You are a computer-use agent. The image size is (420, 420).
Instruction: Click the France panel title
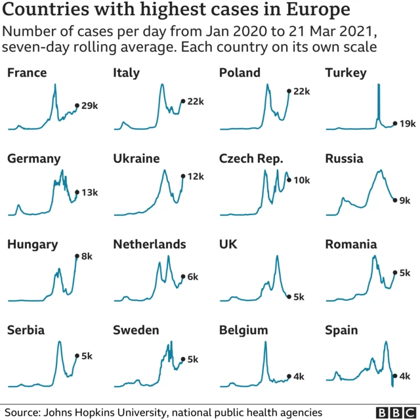click(27, 73)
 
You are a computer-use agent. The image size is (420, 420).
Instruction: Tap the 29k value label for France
click(89, 106)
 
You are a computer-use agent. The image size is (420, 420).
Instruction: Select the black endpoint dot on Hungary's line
click(77, 257)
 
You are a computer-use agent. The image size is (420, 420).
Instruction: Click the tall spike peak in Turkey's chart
click(378, 85)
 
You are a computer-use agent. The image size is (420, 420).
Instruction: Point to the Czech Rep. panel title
click(251, 159)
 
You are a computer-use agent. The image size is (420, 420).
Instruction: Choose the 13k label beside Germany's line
click(89, 192)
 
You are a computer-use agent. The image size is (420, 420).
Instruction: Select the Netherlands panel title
click(150, 245)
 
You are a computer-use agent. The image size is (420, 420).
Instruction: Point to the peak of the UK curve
click(277, 256)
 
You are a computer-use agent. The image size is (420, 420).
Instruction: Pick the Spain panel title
click(341, 330)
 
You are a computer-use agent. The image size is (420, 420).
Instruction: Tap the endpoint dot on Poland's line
click(289, 92)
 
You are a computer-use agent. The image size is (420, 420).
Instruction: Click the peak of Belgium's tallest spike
click(266, 342)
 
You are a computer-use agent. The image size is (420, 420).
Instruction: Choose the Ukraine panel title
click(136, 159)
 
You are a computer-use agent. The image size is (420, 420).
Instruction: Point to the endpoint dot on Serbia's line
click(77, 356)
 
